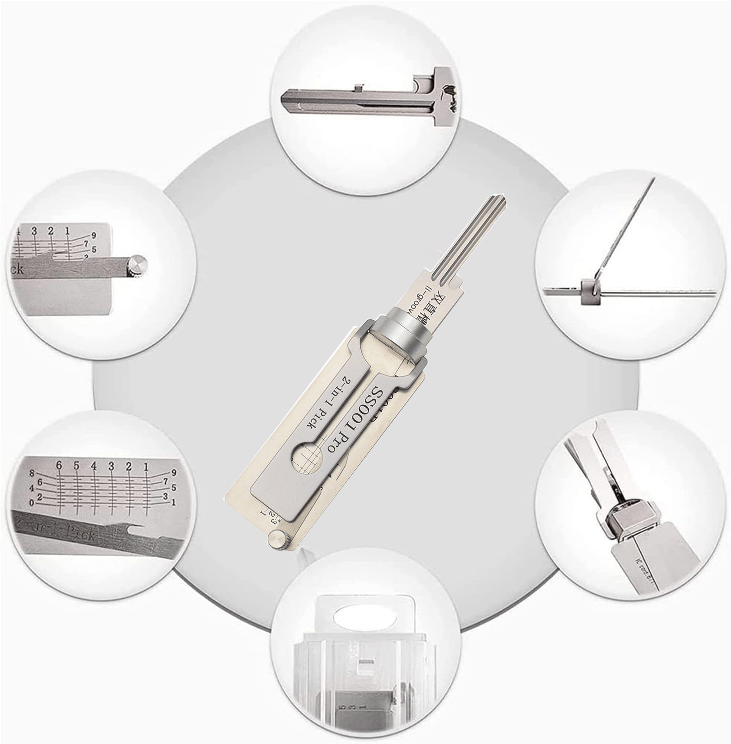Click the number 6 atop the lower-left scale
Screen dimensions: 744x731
[59, 466]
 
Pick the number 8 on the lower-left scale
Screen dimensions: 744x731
[32, 473]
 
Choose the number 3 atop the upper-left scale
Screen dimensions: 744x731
[35, 231]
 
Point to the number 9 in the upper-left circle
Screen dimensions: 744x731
[93, 235]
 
